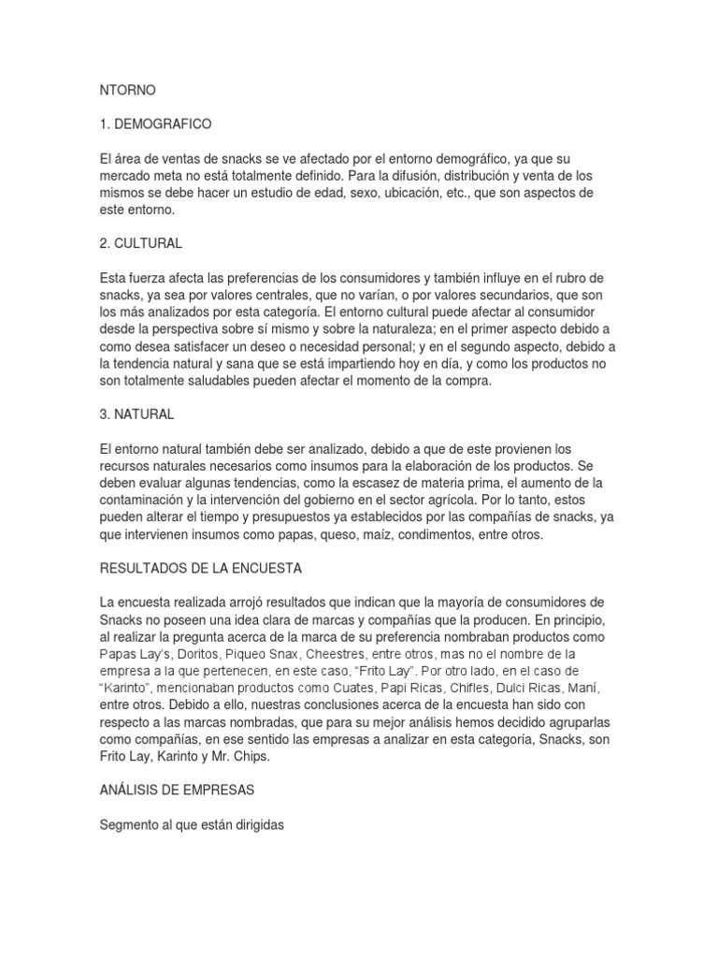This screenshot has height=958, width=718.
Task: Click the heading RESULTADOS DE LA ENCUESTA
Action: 202,567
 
